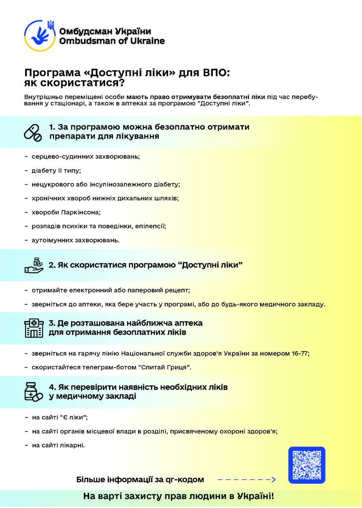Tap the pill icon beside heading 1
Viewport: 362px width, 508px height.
pos(34,132)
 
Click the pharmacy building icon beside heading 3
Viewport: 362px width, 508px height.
pos(34,328)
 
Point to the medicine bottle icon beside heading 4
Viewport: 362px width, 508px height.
pos(34,391)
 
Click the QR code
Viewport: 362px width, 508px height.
pos(306,465)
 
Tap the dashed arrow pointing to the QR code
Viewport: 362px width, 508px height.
pos(247,479)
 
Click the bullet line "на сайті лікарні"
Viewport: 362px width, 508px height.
pos(58,445)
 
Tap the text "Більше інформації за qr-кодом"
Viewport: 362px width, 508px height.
pos(140,479)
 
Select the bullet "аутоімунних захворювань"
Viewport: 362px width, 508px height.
pos(75,240)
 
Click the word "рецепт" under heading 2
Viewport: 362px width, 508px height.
pos(178,290)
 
